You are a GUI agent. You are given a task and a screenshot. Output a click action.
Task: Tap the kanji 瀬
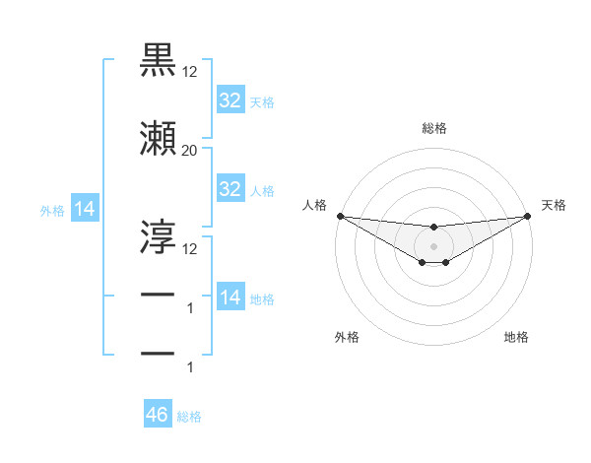point(159,140)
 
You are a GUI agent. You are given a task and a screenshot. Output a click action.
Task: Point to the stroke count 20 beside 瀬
point(189,152)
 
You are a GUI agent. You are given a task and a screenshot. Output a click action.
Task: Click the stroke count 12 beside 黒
point(189,72)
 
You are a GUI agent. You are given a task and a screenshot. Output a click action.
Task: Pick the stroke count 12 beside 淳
point(189,248)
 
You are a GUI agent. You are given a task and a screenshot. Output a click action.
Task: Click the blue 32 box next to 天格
point(230,100)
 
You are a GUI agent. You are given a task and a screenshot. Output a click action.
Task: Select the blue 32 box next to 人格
point(230,189)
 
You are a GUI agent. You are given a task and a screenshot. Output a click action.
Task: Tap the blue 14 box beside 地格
point(230,298)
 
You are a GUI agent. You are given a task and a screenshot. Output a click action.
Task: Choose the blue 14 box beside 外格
point(84,209)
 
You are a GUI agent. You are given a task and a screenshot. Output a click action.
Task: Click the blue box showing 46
point(157,415)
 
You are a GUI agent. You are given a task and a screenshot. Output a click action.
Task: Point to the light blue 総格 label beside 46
point(189,417)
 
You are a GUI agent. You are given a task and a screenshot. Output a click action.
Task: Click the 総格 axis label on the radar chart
point(433,129)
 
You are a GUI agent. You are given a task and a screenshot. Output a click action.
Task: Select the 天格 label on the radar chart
point(555,205)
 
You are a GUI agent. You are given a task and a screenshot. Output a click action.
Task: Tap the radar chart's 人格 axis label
point(314,205)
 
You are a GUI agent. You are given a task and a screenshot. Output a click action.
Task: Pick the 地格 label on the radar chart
point(516,337)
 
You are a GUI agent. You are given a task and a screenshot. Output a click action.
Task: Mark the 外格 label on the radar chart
point(347,337)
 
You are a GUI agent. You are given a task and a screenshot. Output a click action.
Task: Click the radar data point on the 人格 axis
point(340,216)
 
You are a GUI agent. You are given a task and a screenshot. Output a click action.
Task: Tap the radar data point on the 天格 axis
point(528,216)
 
